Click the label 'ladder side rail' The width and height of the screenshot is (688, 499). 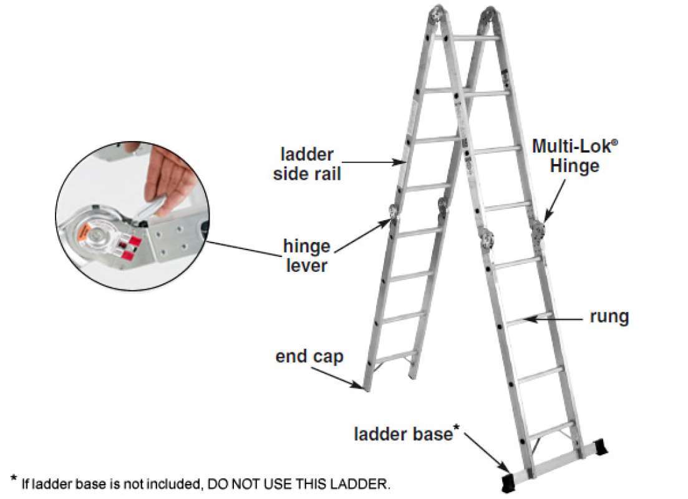tap(308, 163)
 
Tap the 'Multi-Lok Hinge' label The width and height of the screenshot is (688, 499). tap(566, 156)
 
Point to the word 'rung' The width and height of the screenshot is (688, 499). tap(609, 317)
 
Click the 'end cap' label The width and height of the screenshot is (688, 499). tap(309, 357)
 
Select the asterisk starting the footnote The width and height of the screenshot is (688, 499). tap(14, 480)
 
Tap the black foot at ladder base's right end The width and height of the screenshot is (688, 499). tap(601, 447)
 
